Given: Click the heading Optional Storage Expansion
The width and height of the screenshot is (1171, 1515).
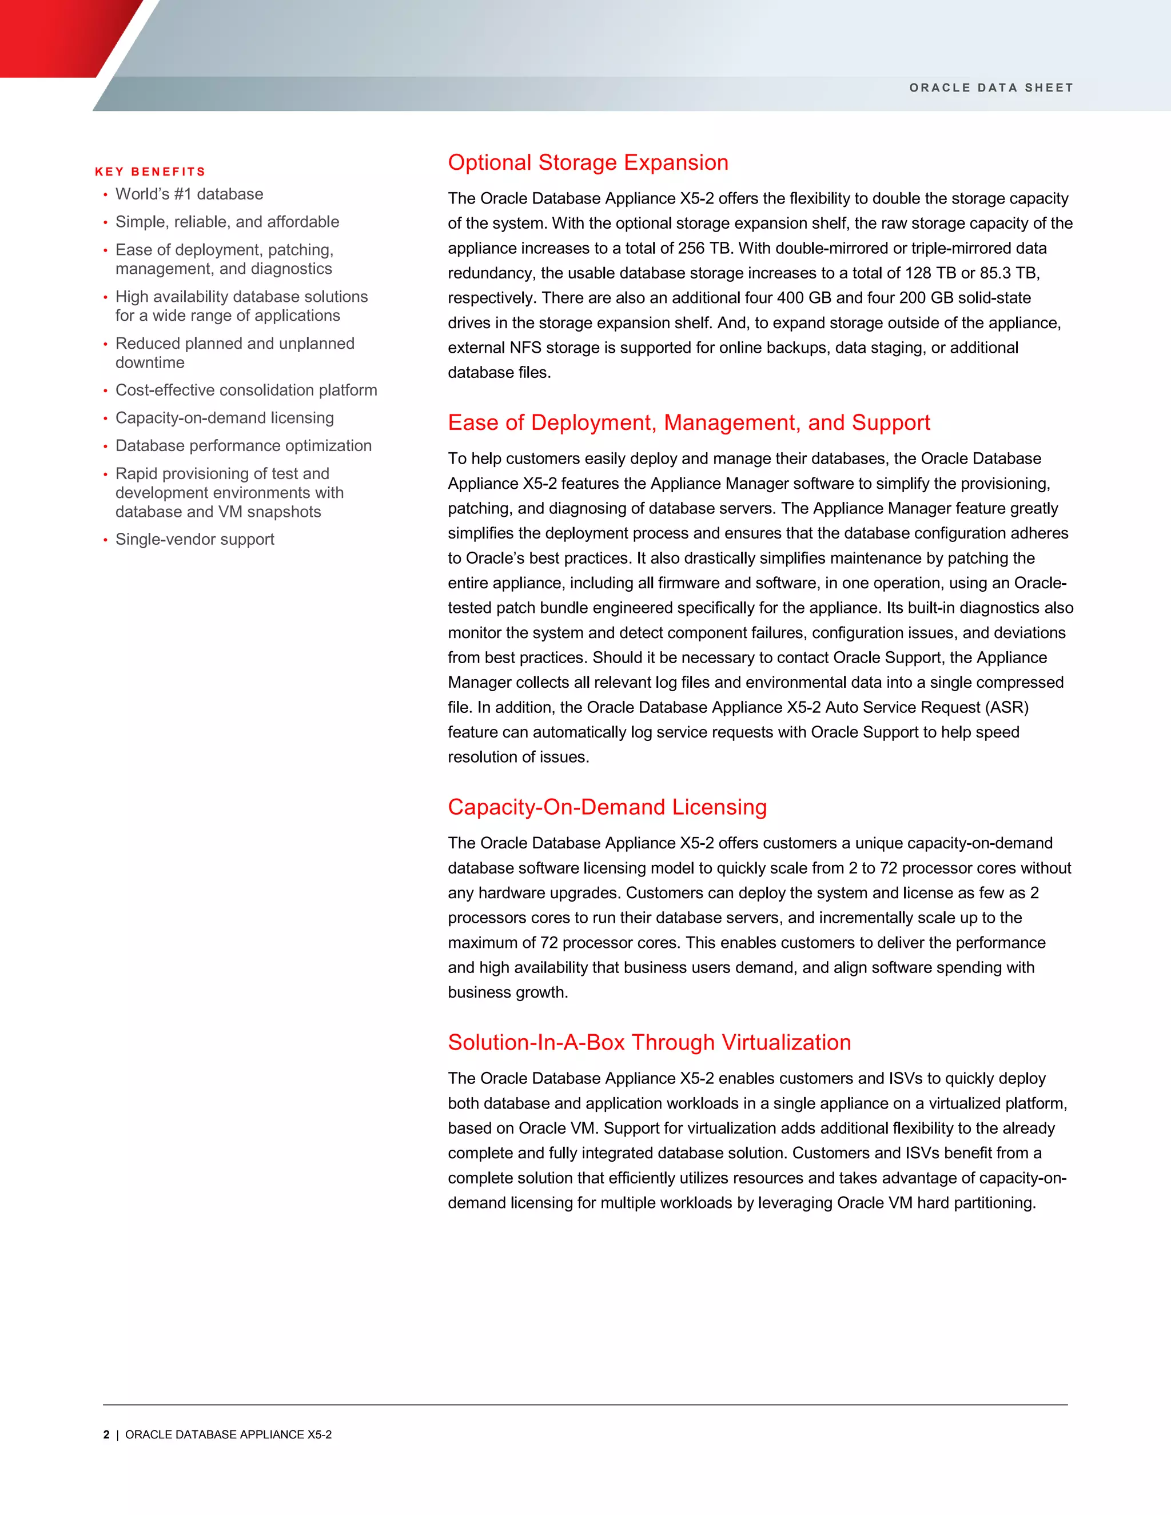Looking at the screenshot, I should [x=588, y=162].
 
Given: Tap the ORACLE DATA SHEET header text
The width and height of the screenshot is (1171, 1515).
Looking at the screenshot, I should [x=991, y=87].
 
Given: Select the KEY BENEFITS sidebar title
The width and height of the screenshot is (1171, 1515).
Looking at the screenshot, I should [x=150, y=172].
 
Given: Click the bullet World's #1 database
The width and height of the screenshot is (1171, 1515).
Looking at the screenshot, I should [x=189, y=194].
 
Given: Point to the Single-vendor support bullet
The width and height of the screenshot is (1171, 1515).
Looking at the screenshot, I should [x=194, y=540].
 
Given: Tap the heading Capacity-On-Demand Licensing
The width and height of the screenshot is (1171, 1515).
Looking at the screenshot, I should [x=607, y=807].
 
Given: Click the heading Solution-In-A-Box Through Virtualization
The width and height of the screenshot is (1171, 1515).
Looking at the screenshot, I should [x=648, y=1042].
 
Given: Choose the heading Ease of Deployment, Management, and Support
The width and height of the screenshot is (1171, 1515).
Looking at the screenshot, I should [x=688, y=422].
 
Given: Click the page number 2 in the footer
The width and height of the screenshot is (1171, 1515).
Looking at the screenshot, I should [x=106, y=1434].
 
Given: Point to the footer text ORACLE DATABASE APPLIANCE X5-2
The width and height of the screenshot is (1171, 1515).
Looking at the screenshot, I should [x=228, y=1434].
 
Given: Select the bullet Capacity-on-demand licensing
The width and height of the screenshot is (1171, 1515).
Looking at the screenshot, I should [x=224, y=418].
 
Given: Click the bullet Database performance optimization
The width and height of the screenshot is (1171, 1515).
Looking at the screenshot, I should [x=243, y=446].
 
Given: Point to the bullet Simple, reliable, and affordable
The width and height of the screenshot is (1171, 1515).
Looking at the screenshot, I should [x=227, y=222].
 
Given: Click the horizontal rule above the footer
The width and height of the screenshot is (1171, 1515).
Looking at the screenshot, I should [x=585, y=1405].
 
